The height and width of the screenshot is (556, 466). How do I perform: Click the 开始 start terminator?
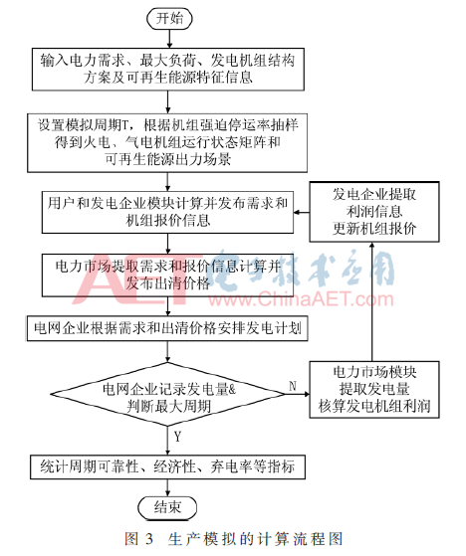(x=169, y=19)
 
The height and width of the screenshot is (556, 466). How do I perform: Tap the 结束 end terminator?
(x=167, y=507)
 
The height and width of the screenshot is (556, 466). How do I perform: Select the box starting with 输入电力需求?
(x=168, y=70)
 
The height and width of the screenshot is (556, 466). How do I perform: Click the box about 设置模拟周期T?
(x=167, y=143)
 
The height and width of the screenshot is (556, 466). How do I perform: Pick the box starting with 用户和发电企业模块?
(x=167, y=213)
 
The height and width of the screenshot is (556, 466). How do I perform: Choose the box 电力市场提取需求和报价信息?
(x=167, y=276)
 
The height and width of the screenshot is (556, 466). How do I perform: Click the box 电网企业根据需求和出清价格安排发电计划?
(x=167, y=328)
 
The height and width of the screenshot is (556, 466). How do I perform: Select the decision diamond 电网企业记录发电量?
(x=167, y=394)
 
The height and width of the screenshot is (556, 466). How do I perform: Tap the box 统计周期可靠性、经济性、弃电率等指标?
(x=167, y=467)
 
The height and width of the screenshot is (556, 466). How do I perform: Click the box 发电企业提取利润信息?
(x=374, y=212)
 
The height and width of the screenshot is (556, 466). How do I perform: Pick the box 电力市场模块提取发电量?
(x=374, y=390)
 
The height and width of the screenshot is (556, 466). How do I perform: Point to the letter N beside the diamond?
(x=293, y=386)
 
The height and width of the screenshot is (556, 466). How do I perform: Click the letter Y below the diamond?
(x=177, y=437)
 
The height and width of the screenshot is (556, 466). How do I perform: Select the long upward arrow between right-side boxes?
(x=372, y=301)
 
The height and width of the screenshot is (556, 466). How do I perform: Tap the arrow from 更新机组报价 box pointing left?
(x=302, y=213)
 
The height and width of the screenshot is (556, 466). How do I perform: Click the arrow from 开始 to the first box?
(x=169, y=39)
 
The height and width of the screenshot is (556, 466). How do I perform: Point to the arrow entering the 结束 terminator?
(x=167, y=487)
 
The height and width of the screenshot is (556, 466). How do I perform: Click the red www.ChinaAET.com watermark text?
(x=301, y=299)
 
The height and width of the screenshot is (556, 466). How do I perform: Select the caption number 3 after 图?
(x=148, y=539)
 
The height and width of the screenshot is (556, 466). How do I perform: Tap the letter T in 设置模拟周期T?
(x=125, y=125)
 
